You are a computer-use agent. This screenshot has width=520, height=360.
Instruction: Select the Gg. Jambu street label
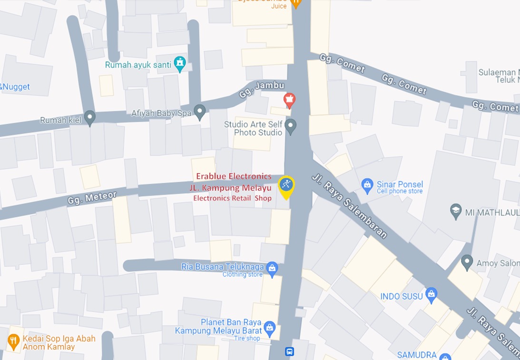coord(261,89)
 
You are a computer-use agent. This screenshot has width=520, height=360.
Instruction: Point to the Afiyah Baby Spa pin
coord(200,112)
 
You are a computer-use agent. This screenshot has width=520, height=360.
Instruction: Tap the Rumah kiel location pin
coord(89,117)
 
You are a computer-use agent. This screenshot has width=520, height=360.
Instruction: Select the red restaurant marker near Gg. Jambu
coord(289,100)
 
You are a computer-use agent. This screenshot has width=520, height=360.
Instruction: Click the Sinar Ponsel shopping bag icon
coord(367,185)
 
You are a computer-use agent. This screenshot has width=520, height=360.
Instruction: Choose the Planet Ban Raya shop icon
coord(269,328)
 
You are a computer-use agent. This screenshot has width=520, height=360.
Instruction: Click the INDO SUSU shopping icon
coord(431,295)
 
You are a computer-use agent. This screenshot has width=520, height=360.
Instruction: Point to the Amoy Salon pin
coord(467,262)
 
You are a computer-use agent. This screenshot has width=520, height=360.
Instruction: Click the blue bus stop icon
coord(289,352)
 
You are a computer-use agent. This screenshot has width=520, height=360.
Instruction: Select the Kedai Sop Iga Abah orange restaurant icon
coord(13,341)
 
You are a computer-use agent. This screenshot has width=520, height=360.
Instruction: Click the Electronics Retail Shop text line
coord(232,198)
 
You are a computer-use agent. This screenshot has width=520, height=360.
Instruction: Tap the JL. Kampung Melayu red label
coord(230,188)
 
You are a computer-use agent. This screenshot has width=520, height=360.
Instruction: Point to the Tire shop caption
coord(247,338)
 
